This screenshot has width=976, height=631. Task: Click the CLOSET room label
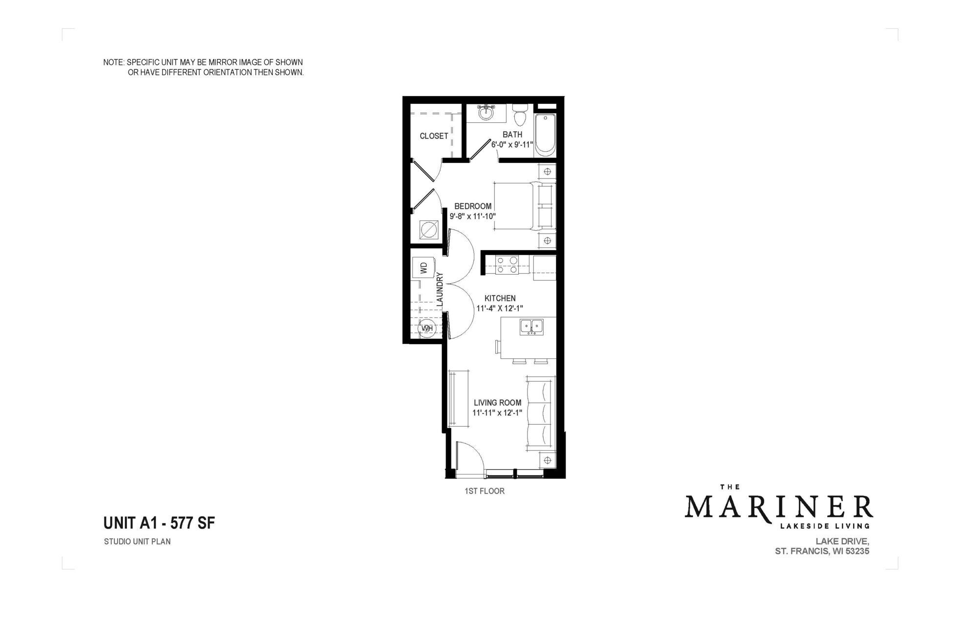pyautogui.click(x=433, y=136)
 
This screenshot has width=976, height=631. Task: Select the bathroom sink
pyautogui.click(x=486, y=114)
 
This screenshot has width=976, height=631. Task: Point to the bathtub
pyautogui.click(x=545, y=134)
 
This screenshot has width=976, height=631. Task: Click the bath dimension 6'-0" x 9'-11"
pyautogui.click(x=512, y=145)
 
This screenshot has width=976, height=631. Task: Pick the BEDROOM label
pyautogui.click(x=472, y=206)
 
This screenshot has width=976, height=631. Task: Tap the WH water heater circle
pyautogui.click(x=427, y=329)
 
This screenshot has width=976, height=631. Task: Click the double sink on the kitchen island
pyautogui.click(x=531, y=326)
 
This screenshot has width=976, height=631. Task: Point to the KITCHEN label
pyautogui.click(x=500, y=298)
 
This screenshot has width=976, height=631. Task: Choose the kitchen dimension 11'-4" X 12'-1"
pyautogui.click(x=500, y=308)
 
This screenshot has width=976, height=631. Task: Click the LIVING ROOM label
pyautogui.click(x=497, y=403)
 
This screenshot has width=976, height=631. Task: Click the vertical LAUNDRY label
pyautogui.click(x=439, y=289)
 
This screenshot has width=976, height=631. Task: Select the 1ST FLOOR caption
pyautogui.click(x=484, y=491)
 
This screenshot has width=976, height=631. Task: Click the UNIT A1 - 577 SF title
pyautogui.click(x=159, y=523)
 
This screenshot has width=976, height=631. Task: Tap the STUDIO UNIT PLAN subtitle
pyautogui.click(x=137, y=541)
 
